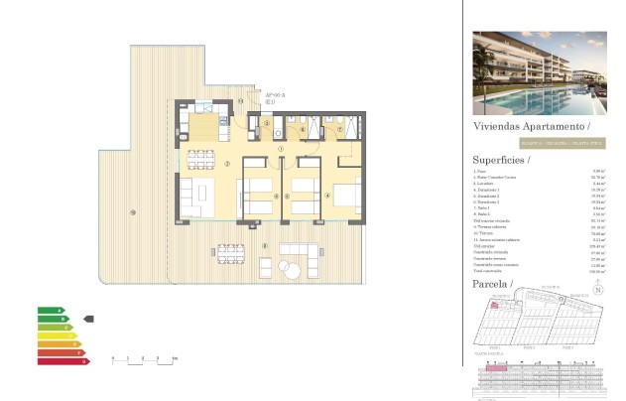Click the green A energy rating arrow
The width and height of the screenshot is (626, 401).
[51, 311]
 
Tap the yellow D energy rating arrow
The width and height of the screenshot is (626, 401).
[57, 335]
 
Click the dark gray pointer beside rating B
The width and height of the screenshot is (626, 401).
[88, 319]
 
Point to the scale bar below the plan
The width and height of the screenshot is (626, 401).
[145, 357]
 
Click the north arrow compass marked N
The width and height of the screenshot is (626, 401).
[596, 290]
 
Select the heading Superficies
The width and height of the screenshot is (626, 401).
[501, 160]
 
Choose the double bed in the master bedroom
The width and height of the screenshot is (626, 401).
[348, 195]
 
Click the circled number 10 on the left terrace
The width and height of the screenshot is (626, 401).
[132, 212]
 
